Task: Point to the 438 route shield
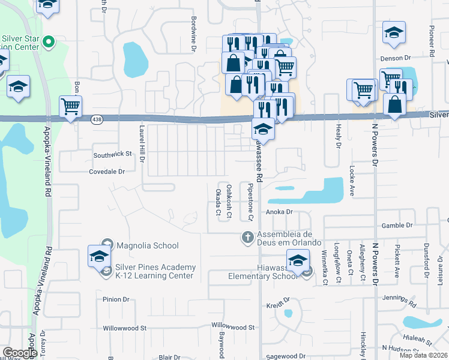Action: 96,120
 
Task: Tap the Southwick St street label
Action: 112,154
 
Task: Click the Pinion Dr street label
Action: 116,299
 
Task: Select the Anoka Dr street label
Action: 279,212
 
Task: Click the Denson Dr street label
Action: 395,58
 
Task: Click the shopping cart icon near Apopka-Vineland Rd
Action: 71,107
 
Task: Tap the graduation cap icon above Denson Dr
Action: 394,33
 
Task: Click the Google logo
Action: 19,353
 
